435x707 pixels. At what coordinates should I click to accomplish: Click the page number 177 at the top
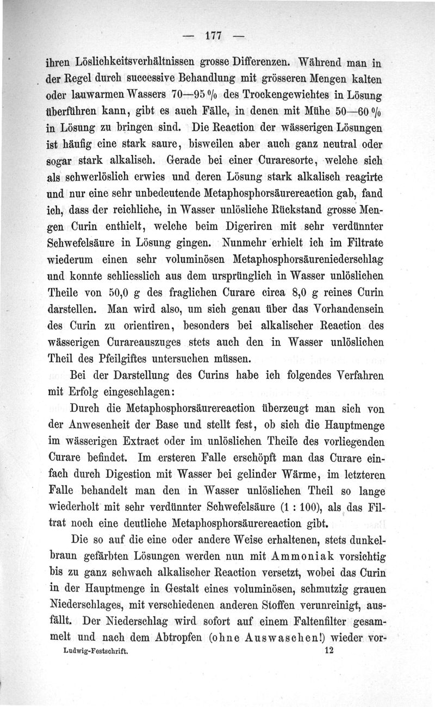[x=212, y=39]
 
